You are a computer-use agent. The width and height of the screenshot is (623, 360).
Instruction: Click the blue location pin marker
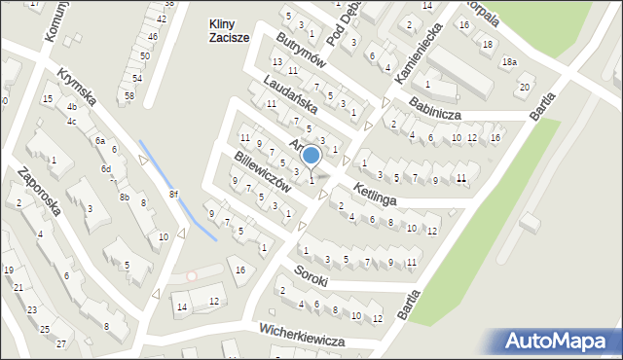311,156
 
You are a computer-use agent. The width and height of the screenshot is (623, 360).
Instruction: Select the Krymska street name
75,87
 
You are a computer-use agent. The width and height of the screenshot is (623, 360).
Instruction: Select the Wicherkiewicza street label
304,336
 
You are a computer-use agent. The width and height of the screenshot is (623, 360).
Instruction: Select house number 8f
173,194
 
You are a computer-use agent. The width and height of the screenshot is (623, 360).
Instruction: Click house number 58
128,95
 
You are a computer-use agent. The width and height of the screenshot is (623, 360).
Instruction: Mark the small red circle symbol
192,276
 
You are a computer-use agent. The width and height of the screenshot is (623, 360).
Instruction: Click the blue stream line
175,190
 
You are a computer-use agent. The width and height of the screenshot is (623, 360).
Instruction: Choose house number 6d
105,168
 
